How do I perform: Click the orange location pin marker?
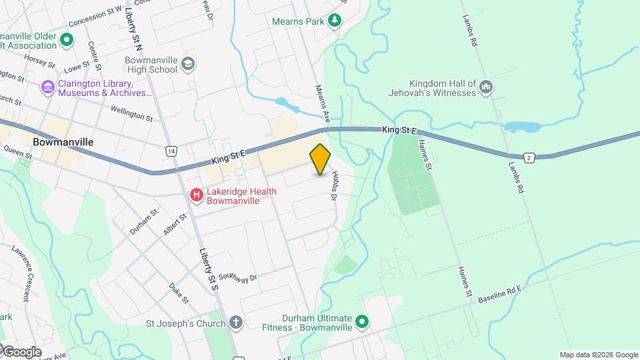coord(320,159)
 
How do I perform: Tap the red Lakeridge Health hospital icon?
coord(197,195)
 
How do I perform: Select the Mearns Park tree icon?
coord(334,21)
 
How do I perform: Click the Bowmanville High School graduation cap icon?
coord(189,64)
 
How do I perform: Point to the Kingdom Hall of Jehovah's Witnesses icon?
coord(486,87)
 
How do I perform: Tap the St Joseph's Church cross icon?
coord(235,323)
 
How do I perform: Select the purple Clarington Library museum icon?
coord(47,87)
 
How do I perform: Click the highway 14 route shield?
coord(172,151)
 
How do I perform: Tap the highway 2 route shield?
coord(529,157)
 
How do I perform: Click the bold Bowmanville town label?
coord(63,143)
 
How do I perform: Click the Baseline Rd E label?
coord(503,295)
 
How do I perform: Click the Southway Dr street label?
coord(237,278)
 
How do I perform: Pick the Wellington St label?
coord(131,114)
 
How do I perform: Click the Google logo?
coord(21,351)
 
